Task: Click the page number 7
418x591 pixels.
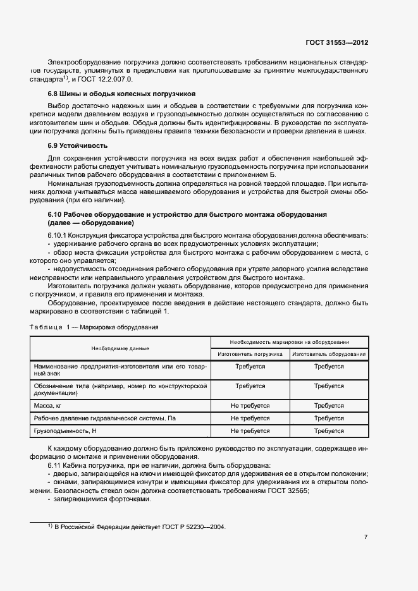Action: [x=366, y=537]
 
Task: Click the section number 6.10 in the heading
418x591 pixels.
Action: [x=49, y=215]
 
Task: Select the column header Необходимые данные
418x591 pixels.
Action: [x=120, y=348]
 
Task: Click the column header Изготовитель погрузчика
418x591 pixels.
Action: [x=250, y=354]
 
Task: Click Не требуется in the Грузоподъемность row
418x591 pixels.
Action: [x=250, y=431]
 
